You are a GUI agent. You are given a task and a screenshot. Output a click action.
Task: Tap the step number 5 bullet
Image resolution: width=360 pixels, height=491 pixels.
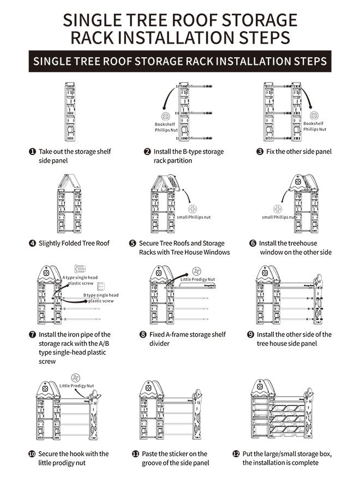pyautogui.click(x=133, y=243)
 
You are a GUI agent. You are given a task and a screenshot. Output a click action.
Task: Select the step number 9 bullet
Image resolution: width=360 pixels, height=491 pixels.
pyautogui.click(x=250, y=334)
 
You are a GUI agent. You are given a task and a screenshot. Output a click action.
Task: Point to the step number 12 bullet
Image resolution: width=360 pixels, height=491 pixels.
pyautogui.click(x=236, y=454)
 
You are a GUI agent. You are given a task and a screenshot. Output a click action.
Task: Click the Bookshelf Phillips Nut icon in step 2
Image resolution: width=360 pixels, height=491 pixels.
pyautogui.click(x=164, y=117)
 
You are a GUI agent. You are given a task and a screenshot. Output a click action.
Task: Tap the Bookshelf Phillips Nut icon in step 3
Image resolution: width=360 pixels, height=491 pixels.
pyautogui.click(x=314, y=116)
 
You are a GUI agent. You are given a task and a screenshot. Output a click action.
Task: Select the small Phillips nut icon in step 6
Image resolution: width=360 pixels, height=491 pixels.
pyautogui.click(x=278, y=208)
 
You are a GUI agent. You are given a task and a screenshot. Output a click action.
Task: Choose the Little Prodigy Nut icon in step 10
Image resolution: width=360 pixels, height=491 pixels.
pyautogui.click(x=76, y=378)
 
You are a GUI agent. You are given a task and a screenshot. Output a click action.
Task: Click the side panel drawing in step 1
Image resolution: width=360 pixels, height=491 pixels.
pyautogui.click(x=70, y=112)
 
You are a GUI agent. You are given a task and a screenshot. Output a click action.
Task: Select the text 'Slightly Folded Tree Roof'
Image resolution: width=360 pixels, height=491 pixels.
pyautogui.click(x=74, y=243)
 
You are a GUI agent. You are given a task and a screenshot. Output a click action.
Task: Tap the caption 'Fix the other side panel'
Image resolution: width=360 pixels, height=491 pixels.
pyautogui.click(x=298, y=152)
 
